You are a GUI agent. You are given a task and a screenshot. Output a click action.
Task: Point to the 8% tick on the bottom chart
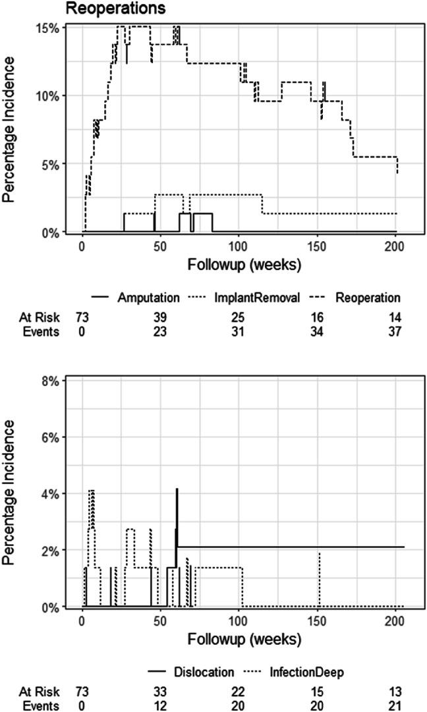pyautogui.click(x=52, y=381)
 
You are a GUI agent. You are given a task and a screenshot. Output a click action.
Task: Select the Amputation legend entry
pyautogui.click(x=149, y=297)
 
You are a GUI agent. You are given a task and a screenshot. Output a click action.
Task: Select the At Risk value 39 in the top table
pyautogui.click(x=160, y=317)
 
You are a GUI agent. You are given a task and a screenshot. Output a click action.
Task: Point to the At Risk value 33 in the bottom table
pyautogui.click(x=160, y=692)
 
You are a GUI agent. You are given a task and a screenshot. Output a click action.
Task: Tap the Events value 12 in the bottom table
pyautogui.click(x=160, y=705)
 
